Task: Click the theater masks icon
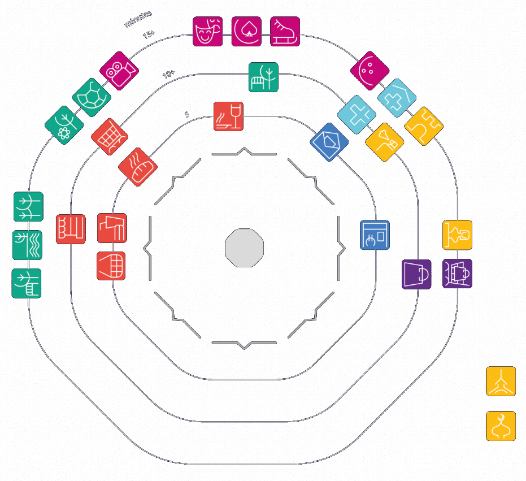(207, 32)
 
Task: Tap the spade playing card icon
(246, 32)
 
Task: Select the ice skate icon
(285, 32)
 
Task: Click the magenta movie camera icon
(119, 71)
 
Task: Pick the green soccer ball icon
(92, 97)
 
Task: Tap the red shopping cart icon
(110, 136)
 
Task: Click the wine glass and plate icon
(228, 116)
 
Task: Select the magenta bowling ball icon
(369, 71)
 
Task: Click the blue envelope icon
(329, 142)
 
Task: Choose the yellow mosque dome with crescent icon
(501, 426)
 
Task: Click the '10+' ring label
(168, 75)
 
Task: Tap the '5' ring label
(187, 115)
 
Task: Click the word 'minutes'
(138, 19)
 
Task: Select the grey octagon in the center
(244, 248)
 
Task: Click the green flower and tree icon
(64, 125)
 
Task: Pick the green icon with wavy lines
(27, 245)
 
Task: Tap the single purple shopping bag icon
(416, 275)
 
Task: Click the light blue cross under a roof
(397, 98)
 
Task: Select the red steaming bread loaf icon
(137, 167)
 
